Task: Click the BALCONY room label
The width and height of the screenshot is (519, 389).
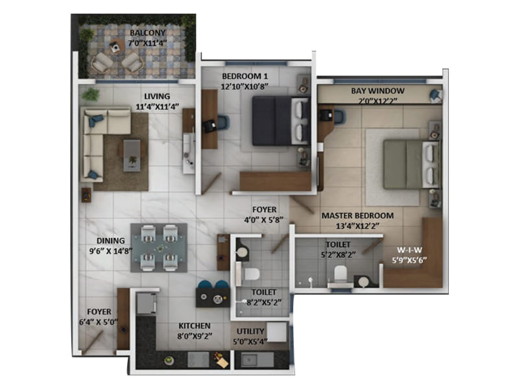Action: [x=147, y=33]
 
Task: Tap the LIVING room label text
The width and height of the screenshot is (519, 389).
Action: [x=157, y=96]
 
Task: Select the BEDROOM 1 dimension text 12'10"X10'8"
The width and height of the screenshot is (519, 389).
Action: [x=245, y=86]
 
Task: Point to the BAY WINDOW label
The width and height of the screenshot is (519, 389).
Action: [x=378, y=91]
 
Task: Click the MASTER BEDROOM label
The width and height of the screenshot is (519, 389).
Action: [x=358, y=215]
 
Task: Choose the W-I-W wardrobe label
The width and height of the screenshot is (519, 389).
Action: [x=409, y=250]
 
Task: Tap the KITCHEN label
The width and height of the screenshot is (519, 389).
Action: [x=194, y=325]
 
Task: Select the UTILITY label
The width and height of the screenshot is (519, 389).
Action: [x=250, y=331]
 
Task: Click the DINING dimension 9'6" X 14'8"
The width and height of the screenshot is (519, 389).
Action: [x=111, y=251]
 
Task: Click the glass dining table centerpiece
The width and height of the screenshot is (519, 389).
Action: [x=159, y=248]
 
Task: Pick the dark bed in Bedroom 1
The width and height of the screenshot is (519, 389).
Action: [x=281, y=121]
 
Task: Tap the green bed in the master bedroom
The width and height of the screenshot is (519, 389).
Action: [x=412, y=165]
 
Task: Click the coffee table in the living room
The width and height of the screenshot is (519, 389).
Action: [x=132, y=156]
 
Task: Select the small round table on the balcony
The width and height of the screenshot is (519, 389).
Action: [x=115, y=46]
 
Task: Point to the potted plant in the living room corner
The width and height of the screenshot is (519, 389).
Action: [x=90, y=95]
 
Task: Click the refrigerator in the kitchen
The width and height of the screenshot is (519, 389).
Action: [x=146, y=303]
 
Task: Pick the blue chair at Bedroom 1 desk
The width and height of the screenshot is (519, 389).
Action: [x=223, y=121]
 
